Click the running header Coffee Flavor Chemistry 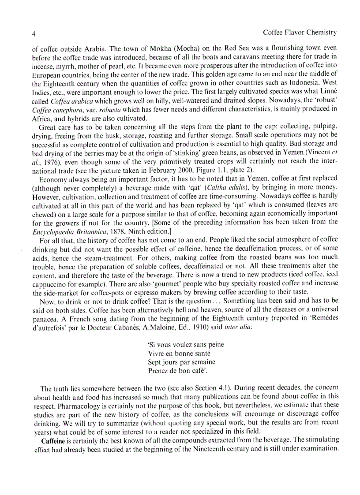click(300, 33)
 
